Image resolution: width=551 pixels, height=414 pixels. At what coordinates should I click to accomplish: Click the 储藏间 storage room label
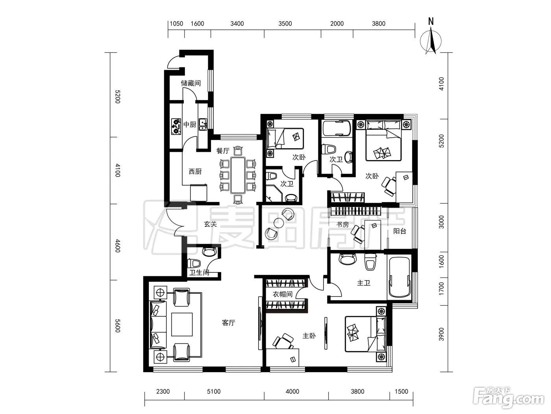tap(191, 83)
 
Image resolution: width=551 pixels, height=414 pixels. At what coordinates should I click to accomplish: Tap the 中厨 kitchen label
tap(190, 125)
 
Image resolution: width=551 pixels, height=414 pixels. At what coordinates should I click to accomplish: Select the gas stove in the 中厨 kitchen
tap(176, 127)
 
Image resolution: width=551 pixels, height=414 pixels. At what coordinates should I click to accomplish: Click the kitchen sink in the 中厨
tap(203, 125)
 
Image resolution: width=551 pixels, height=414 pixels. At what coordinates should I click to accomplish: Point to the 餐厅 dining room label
tap(223, 151)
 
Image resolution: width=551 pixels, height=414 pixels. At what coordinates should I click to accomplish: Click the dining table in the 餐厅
tap(238, 175)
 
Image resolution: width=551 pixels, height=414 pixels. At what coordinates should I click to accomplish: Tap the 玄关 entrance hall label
tap(210, 224)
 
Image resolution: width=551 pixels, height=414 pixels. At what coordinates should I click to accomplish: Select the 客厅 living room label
tap(228, 323)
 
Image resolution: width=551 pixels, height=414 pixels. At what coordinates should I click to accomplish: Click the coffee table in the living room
tap(182, 324)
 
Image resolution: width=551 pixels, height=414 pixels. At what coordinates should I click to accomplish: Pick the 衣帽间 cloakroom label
tap(283, 294)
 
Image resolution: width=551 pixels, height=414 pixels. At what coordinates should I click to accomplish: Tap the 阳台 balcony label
tap(399, 231)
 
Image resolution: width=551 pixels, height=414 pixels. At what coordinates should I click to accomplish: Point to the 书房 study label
tap(342, 224)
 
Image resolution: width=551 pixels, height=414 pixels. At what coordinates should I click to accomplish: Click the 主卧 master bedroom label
tap(309, 336)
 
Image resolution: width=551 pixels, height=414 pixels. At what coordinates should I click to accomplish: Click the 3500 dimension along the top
tap(285, 24)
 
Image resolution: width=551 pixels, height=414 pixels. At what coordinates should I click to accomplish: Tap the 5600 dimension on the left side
tap(118, 326)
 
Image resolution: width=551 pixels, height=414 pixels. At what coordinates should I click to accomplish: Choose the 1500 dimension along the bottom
tap(401, 392)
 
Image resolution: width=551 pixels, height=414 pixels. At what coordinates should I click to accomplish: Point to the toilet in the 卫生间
tap(194, 263)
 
